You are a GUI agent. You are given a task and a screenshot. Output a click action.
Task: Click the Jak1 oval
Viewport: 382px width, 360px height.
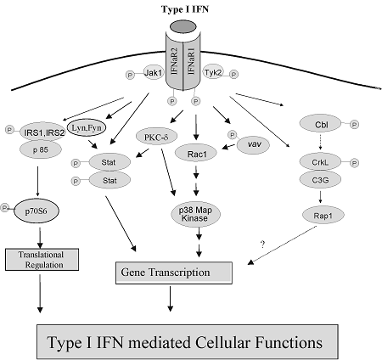(x=154, y=73)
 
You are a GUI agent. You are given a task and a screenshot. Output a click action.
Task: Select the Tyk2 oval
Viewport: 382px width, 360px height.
(x=213, y=73)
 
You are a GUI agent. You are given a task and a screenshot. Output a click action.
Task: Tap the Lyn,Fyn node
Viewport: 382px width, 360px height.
(x=87, y=128)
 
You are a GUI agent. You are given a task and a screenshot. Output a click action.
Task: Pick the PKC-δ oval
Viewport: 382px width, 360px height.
(x=156, y=137)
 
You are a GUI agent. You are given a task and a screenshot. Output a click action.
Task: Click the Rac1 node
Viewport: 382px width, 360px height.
(x=196, y=154)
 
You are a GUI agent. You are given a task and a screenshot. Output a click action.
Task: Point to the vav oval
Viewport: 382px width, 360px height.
(x=253, y=144)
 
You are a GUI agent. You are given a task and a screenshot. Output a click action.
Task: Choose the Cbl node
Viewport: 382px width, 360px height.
(x=320, y=124)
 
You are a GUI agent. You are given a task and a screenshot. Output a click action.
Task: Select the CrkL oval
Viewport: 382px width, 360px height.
(x=320, y=162)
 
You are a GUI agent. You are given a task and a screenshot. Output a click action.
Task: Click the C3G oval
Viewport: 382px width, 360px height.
(x=320, y=179)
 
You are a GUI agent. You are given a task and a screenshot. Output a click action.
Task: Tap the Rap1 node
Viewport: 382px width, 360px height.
(x=323, y=216)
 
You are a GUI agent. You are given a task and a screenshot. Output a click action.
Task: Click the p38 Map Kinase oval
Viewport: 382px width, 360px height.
(x=195, y=214)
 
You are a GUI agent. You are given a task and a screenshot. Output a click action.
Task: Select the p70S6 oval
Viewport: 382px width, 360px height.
(x=37, y=211)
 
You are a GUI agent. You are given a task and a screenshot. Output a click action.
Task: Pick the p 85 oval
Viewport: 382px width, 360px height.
(x=41, y=149)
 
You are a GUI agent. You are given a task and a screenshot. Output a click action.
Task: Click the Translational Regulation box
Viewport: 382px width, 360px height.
(x=42, y=260)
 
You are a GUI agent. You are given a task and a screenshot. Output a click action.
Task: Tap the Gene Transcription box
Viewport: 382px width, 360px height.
(x=174, y=273)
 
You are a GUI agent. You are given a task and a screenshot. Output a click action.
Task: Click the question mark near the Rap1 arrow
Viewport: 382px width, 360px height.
(x=263, y=244)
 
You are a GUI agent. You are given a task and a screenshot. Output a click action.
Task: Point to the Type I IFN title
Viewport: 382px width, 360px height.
(x=185, y=9)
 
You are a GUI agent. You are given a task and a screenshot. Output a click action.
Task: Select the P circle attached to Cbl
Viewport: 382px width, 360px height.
(x=354, y=124)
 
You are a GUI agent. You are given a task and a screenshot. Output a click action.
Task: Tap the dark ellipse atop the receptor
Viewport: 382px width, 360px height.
(x=183, y=27)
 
